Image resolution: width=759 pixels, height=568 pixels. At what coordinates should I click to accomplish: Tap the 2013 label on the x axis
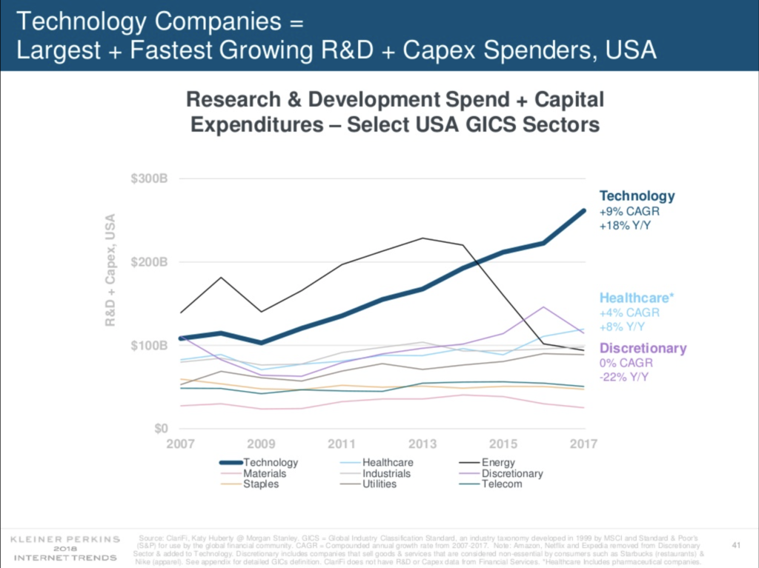tap(422, 444)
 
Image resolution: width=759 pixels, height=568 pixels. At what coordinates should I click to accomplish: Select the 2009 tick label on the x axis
tap(260, 444)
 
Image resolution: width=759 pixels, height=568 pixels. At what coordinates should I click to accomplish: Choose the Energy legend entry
tap(497, 463)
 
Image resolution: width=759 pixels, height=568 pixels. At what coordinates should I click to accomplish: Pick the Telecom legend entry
tap(502, 484)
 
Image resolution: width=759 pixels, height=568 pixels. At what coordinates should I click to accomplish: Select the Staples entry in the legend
tap(261, 484)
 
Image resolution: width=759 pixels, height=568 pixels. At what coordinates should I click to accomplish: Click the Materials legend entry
tap(265, 474)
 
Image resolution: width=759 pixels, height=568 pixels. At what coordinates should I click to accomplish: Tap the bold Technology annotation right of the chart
tap(637, 196)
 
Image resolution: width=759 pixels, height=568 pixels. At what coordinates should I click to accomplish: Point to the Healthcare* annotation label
tap(637, 298)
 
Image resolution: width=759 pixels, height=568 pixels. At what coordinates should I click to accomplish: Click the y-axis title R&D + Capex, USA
tap(111, 270)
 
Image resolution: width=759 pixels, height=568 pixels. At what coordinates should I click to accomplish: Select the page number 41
tap(736, 546)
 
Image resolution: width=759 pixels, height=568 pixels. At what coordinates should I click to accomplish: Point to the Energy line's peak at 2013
tap(422, 238)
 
